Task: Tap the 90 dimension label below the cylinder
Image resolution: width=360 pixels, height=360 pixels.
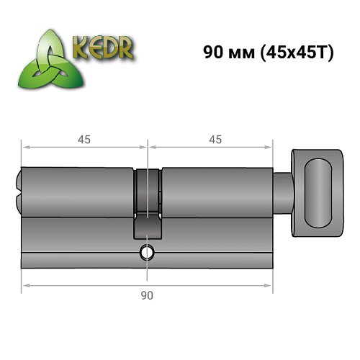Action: coord(147,295)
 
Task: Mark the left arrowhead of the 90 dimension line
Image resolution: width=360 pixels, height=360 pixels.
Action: coord(24,286)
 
